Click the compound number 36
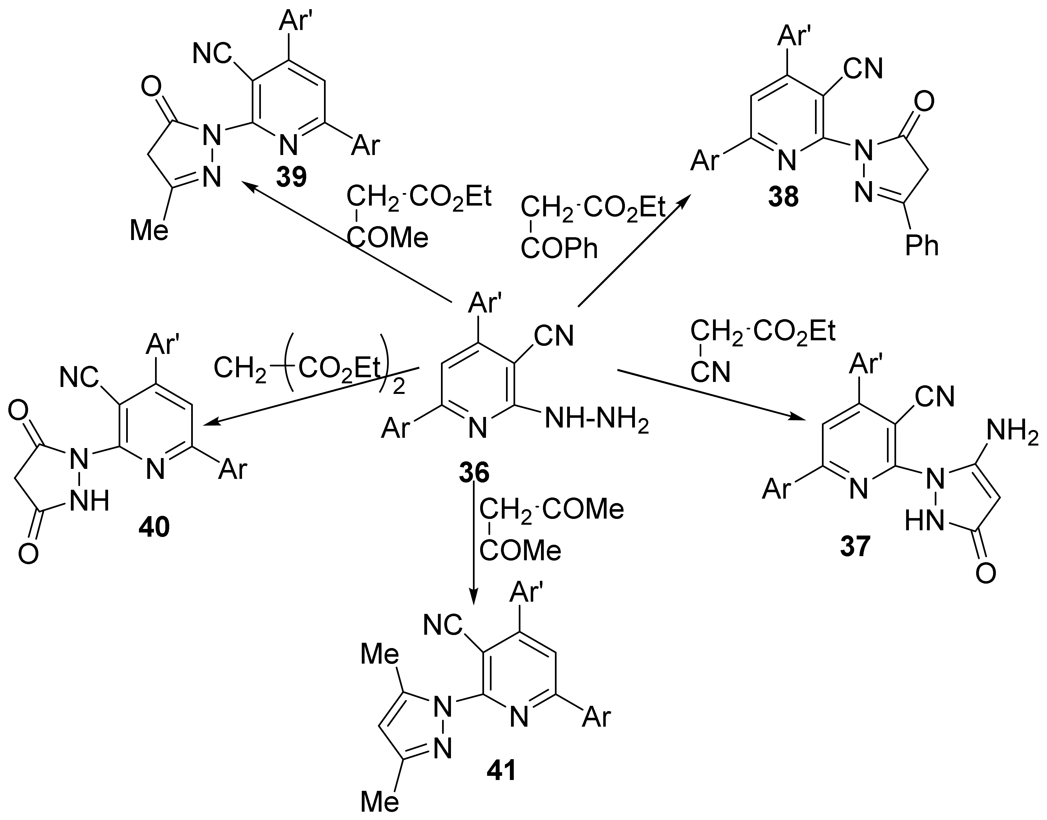pos(474,473)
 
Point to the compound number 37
pos(855,547)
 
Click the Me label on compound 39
pos(149,231)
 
